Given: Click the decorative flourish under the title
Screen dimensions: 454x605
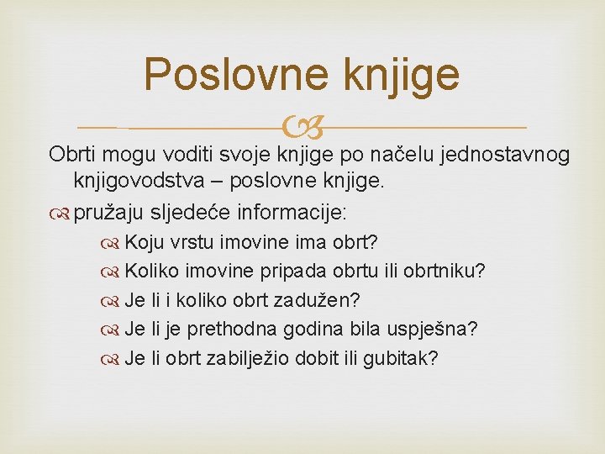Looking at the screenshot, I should pyautogui.click(x=302, y=129).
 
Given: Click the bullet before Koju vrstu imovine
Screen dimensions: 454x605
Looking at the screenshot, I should pyautogui.click(x=112, y=243).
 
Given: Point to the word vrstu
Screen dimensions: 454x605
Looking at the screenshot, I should pyautogui.click(x=192, y=243).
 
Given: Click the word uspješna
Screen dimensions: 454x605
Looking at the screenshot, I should pyautogui.click(x=432, y=329).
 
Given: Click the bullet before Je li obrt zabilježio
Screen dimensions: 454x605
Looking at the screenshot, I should pyautogui.click(x=112, y=358).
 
